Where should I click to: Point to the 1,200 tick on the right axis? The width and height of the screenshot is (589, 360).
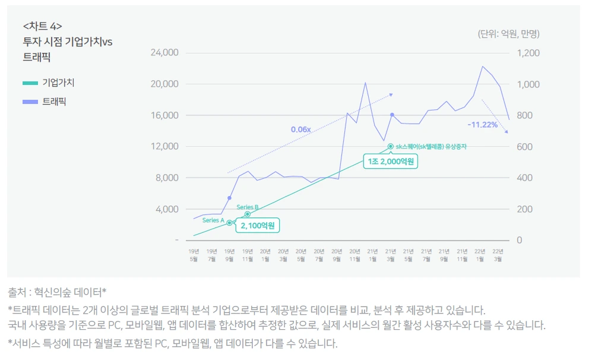tap(527, 53)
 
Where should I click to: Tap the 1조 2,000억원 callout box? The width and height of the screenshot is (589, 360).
tap(390, 162)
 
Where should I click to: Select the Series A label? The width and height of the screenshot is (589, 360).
tap(213, 220)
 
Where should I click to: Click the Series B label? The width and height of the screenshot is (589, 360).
tap(248, 207)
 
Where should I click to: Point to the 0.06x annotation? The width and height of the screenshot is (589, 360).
tap(301, 129)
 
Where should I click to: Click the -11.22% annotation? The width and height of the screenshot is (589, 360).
tap(482, 125)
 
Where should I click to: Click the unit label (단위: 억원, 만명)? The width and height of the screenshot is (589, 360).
tap(508, 34)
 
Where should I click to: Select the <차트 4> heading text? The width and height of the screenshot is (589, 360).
tap(42, 26)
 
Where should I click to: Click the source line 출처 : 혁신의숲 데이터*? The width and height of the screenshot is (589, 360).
tap(57, 292)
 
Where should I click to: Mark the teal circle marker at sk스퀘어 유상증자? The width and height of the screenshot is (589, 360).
tap(390, 146)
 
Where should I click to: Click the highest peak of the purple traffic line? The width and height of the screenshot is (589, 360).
tap(483, 67)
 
